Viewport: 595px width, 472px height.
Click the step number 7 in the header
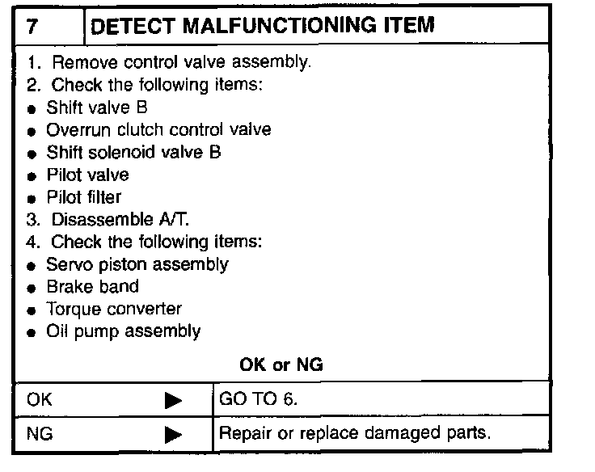(x=31, y=25)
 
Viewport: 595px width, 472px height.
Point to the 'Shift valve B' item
(x=96, y=107)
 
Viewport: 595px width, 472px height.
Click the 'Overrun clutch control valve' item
(x=158, y=129)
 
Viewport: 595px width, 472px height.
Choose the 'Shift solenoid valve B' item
(x=133, y=151)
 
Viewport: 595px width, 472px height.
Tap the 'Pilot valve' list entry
(x=87, y=174)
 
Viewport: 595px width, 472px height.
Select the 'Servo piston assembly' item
(x=137, y=263)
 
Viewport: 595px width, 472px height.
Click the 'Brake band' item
(x=92, y=286)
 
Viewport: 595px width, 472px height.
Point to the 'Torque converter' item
(x=114, y=309)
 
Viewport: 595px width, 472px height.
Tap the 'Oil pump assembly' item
(x=124, y=331)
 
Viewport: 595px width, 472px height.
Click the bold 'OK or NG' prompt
(x=281, y=365)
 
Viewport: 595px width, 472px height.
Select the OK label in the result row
(x=38, y=398)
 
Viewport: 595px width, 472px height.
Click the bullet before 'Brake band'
(x=32, y=288)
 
